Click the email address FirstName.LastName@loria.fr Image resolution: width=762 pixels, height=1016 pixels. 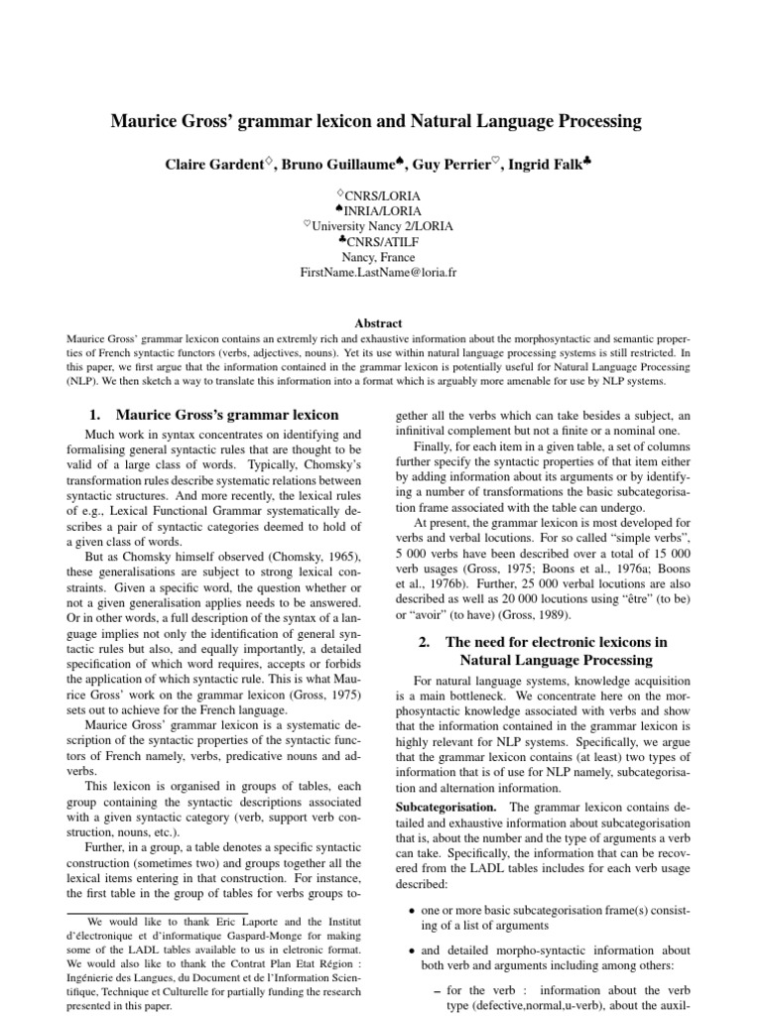pyautogui.click(x=381, y=273)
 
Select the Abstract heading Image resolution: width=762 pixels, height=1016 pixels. pyautogui.click(x=381, y=322)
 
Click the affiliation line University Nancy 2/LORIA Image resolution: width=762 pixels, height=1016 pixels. pyautogui.click(x=383, y=226)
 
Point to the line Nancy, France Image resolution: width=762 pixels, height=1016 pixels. pyautogui.click(x=381, y=257)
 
